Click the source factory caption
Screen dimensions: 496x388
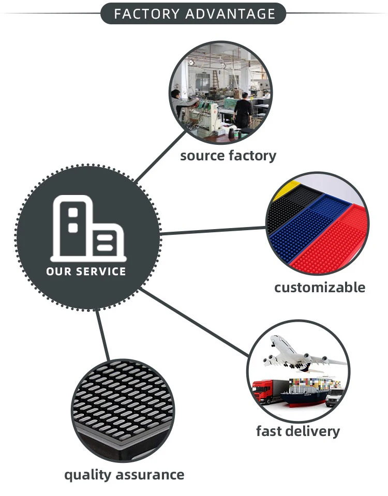228,155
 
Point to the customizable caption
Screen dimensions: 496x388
320,287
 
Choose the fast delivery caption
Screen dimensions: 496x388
298,431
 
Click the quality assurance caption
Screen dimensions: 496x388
124,474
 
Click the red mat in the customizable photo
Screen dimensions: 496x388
331,248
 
